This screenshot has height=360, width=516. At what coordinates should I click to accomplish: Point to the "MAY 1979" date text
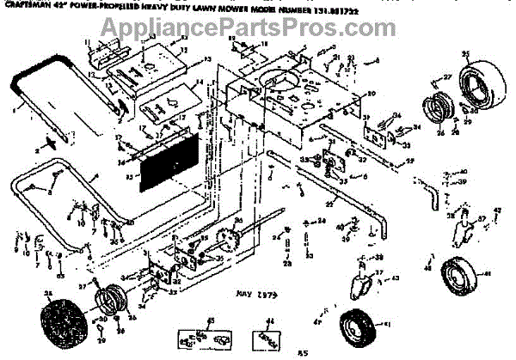pos(255,293)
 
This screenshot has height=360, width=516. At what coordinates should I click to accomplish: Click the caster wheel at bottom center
pos(356,329)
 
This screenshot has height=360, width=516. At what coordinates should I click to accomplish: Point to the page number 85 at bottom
pos(303,353)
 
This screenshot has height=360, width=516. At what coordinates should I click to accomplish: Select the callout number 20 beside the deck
pos(371,93)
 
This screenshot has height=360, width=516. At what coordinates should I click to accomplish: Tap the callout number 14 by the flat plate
pos(199,83)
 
